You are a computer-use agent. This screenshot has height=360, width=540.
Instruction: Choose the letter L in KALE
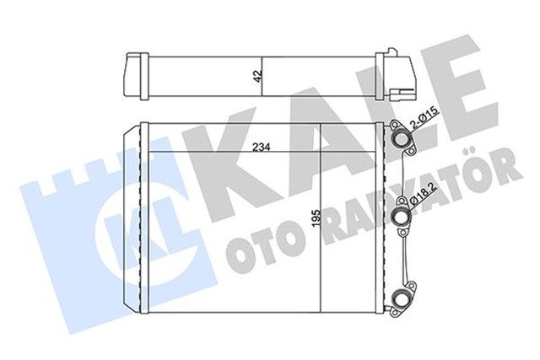coord(397,110)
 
